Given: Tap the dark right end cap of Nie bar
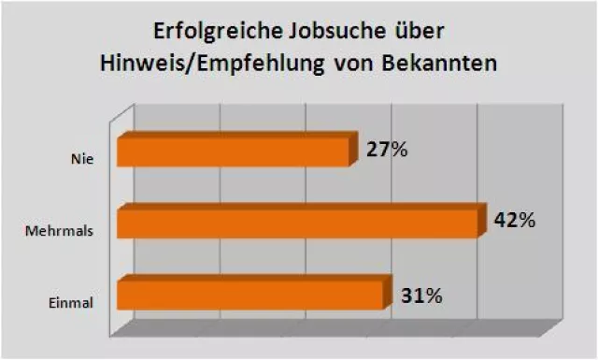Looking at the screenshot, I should (x=354, y=149).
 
